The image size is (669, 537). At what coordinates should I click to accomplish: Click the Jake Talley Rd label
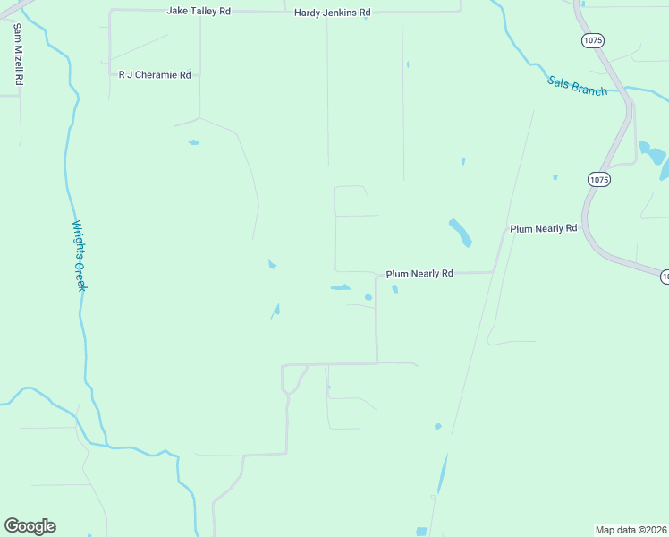tap(199, 11)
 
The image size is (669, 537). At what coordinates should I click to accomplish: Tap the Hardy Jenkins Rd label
tap(333, 13)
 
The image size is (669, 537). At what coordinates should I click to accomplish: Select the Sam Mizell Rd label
tap(17, 54)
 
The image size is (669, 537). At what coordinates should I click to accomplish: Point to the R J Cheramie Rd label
tap(155, 75)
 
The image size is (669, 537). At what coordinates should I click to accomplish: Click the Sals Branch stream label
tap(577, 86)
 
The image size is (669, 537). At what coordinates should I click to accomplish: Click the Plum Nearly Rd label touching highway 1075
tap(543, 229)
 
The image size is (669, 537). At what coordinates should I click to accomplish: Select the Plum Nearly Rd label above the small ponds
tap(419, 274)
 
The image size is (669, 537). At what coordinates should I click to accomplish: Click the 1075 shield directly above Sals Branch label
tap(592, 40)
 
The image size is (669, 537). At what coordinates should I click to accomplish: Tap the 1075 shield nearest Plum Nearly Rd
tap(598, 180)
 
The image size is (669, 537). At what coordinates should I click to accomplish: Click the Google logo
tap(30, 526)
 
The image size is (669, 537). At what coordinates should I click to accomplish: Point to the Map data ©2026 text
tap(631, 529)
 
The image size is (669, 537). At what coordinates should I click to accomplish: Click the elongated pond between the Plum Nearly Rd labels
tap(461, 233)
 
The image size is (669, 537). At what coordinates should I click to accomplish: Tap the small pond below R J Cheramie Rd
tap(193, 142)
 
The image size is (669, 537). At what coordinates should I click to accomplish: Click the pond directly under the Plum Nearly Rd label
tap(394, 289)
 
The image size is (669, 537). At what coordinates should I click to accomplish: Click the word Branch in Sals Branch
tap(589, 89)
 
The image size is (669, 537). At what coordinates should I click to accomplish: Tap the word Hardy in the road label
tap(309, 13)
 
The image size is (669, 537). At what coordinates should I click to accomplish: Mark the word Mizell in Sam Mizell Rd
tap(17, 55)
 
